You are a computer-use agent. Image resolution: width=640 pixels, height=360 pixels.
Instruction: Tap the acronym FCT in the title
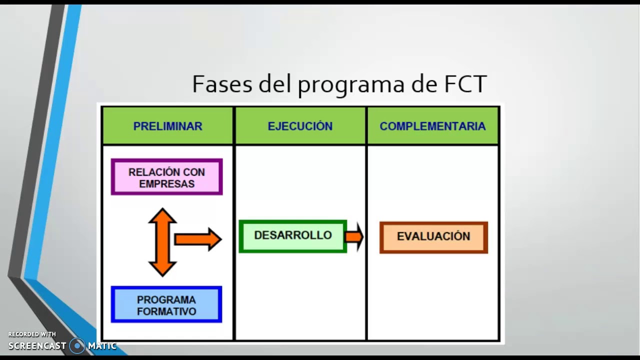click(465, 84)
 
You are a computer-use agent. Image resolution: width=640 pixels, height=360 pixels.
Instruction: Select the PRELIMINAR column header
click(167, 126)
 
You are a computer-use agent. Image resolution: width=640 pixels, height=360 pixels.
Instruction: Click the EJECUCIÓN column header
click(300, 126)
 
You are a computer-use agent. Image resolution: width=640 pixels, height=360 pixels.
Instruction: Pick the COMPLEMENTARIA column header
click(432, 126)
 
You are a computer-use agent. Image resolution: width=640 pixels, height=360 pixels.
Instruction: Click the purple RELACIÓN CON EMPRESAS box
click(166, 177)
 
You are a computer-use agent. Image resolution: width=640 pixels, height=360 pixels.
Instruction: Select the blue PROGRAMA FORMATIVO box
click(166, 305)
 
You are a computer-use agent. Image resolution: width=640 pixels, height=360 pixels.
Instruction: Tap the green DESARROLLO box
click(293, 236)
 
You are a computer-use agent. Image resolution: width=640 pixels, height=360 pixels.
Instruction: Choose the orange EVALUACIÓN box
click(433, 237)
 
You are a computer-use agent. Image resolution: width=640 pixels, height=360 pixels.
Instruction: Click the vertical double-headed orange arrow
click(162, 242)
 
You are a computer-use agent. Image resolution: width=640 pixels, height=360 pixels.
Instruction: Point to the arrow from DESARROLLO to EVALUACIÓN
click(354, 236)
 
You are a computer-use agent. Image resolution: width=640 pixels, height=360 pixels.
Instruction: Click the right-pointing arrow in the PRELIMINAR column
click(198, 239)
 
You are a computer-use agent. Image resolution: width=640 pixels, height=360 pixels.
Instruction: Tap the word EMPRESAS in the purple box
click(166, 184)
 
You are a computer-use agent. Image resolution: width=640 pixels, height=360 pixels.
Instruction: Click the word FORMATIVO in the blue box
click(166, 311)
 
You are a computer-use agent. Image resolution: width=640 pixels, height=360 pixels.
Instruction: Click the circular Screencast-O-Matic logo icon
click(77, 345)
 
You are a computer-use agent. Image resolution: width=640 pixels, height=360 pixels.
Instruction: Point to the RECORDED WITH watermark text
click(32, 334)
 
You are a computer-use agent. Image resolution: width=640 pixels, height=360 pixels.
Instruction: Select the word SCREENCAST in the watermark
click(37, 346)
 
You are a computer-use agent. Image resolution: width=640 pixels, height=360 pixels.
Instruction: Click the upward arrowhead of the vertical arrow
click(162, 216)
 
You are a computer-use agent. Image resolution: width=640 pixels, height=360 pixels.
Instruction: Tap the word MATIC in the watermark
click(102, 346)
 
